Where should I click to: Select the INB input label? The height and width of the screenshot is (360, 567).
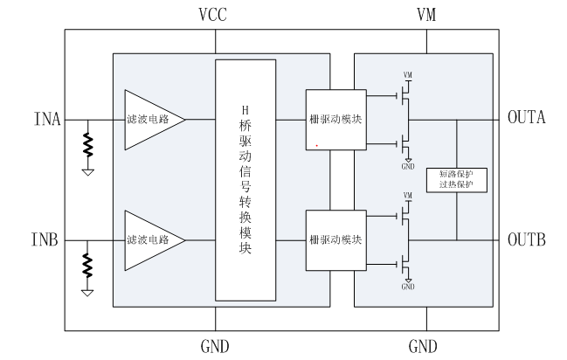(46, 239)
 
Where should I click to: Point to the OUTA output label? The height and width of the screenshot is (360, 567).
(527, 117)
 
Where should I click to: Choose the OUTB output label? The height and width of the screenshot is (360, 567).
(527, 239)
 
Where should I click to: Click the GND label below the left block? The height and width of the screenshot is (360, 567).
(215, 346)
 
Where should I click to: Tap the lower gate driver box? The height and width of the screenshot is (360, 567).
(335, 239)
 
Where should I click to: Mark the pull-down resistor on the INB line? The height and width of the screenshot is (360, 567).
(88, 266)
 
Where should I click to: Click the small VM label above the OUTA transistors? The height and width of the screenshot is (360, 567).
(408, 73)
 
